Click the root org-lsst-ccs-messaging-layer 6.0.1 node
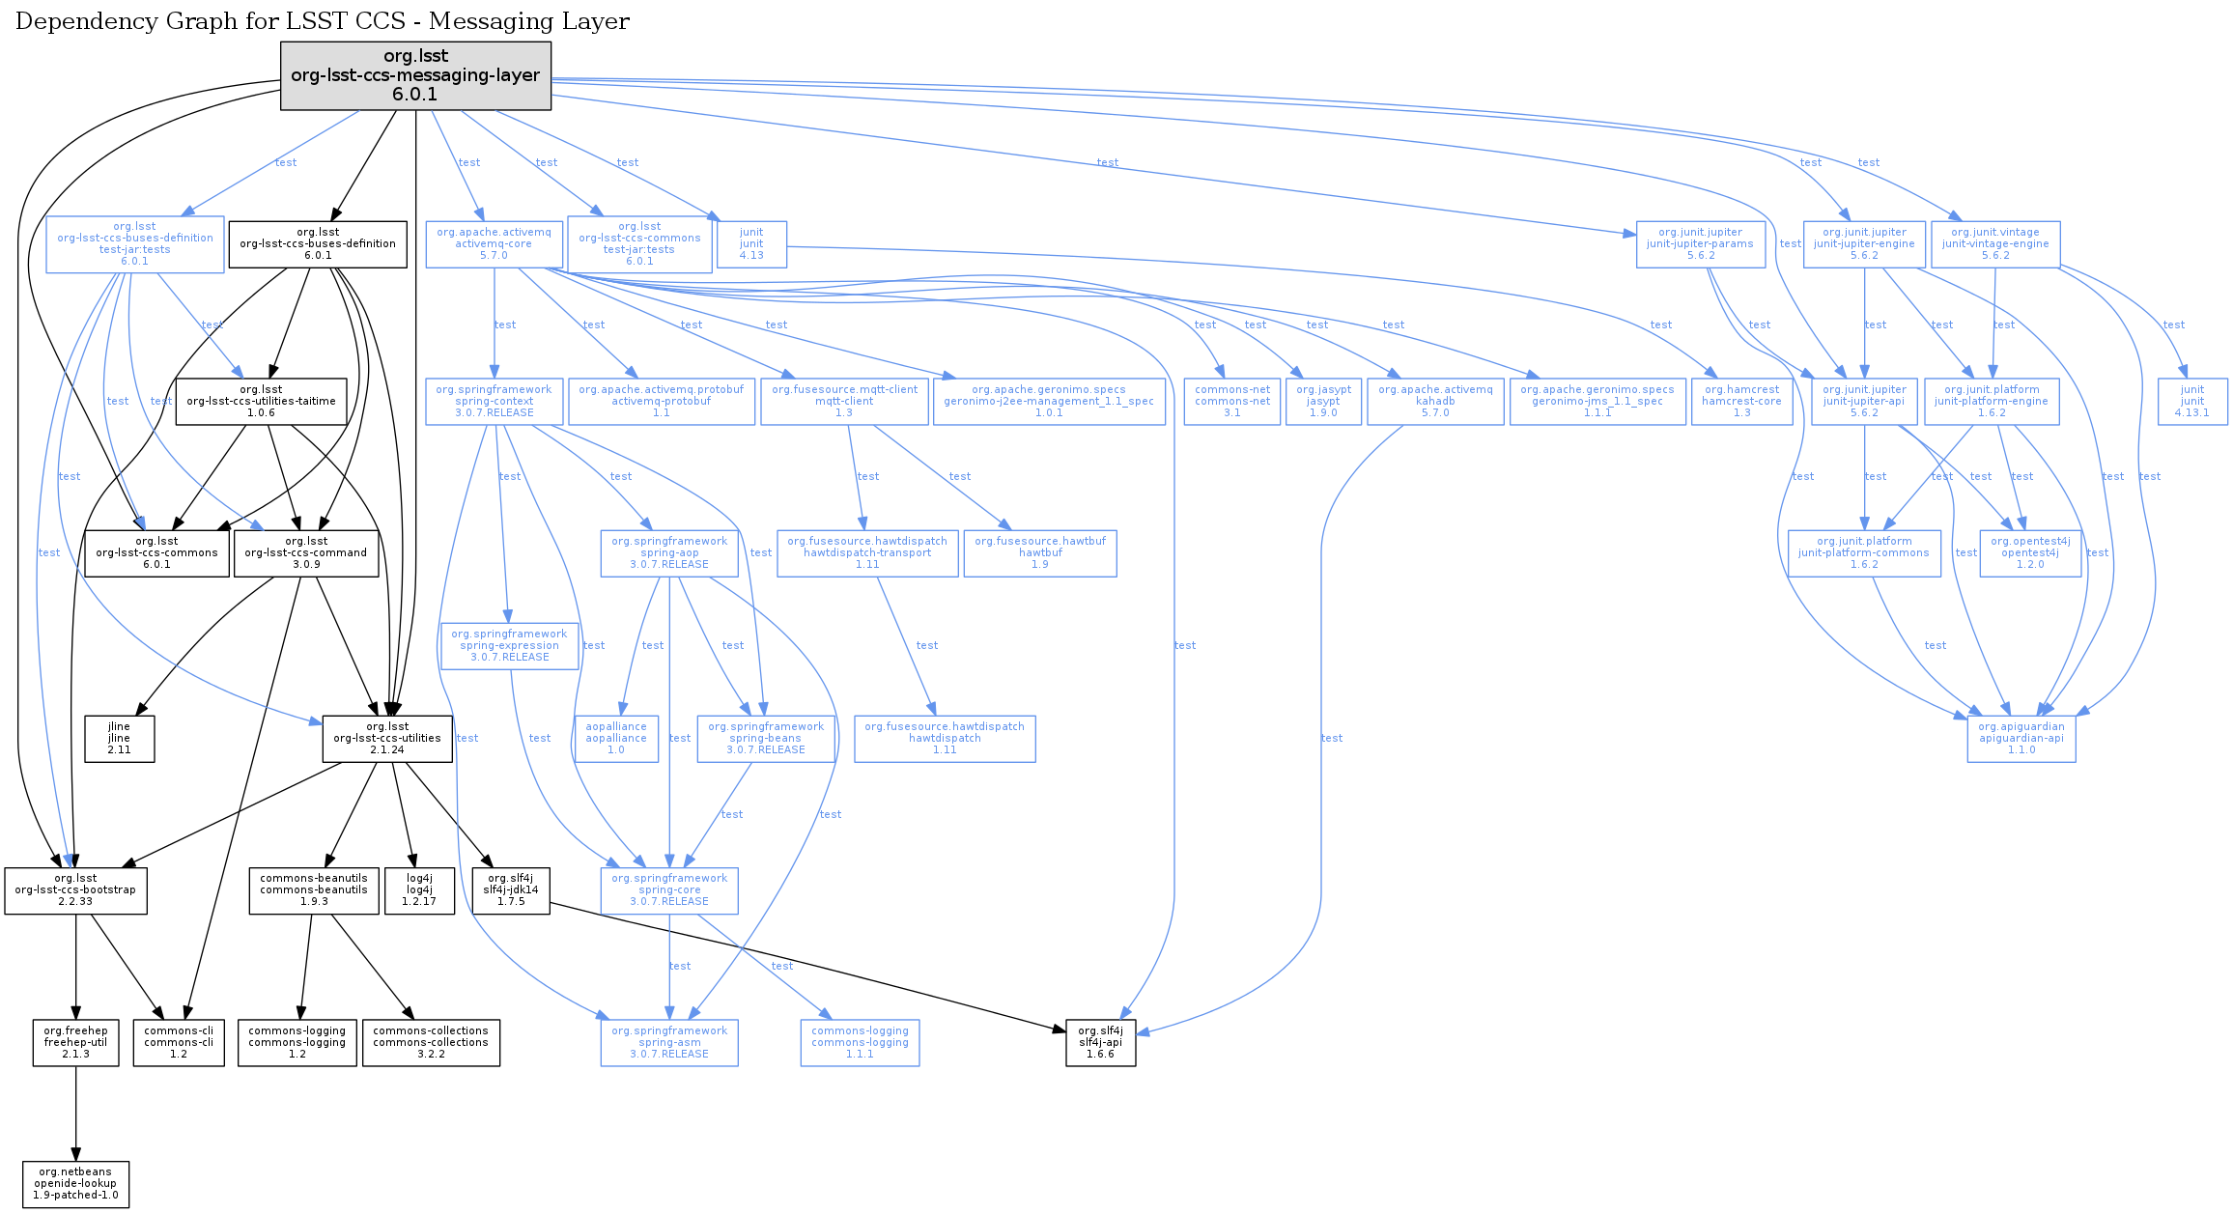(415, 75)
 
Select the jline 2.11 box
(119, 739)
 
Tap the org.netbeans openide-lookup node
(75, 1184)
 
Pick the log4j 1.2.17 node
(419, 890)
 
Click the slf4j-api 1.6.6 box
(1100, 1043)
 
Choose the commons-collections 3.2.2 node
(431, 1043)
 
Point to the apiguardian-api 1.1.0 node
(2021, 739)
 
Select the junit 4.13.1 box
(2192, 402)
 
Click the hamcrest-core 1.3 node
(1741, 402)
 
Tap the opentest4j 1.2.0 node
(2030, 553)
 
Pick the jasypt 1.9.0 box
(1323, 402)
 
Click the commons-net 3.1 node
(1232, 402)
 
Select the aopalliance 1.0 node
(616, 739)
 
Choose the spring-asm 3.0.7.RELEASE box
(669, 1043)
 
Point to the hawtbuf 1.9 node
(1040, 553)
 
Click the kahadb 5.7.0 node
(1435, 402)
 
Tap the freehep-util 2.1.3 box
(75, 1043)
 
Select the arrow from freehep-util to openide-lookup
(75, 1114)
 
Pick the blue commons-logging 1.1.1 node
(860, 1043)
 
